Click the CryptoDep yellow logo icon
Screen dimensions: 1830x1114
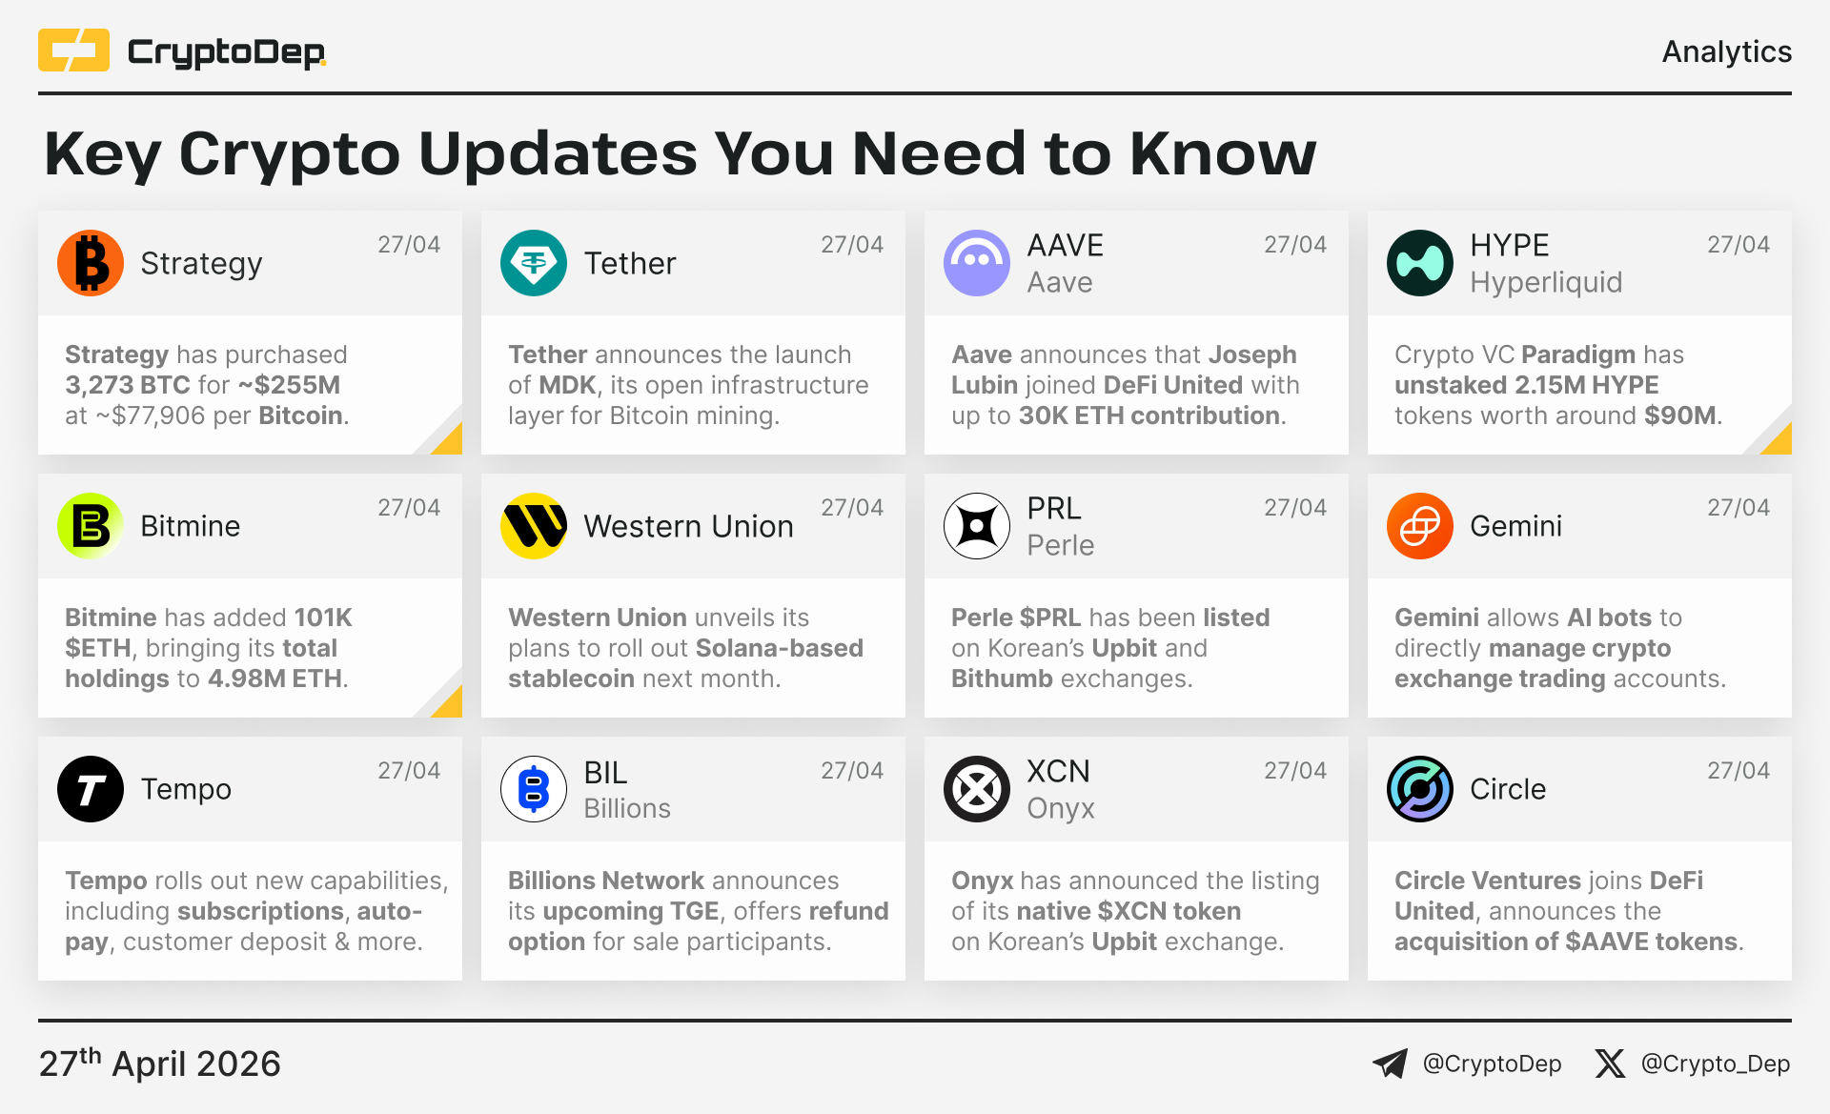(73, 51)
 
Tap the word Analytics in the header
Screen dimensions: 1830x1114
(1726, 51)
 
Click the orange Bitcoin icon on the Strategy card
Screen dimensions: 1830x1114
(91, 263)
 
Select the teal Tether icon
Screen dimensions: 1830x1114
(534, 263)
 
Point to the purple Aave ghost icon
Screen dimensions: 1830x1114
(977, 263)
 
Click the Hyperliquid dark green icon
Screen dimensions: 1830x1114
(1420, 263)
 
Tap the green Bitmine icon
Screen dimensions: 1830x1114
(91, 526)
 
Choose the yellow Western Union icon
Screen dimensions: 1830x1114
(534, 526)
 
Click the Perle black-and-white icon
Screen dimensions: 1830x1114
(977, 526)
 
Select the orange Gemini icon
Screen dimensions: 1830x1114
(1420, 526)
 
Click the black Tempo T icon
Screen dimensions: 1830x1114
(91, 789)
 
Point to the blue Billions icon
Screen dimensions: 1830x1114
(534, 789)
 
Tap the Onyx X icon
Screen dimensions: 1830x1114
(977, 789)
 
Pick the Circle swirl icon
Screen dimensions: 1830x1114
(1420, 789)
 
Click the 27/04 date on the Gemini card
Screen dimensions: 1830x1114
(1738, 507)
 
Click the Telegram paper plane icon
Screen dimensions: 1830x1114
(1390, 1063)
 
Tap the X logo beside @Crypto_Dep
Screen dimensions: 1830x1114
(1610, 1063)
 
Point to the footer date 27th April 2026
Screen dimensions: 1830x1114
(160, 1063)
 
